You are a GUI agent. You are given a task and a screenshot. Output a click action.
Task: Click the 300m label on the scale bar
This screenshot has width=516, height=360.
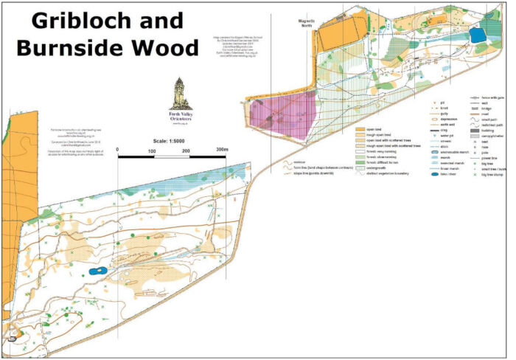click(221, 150)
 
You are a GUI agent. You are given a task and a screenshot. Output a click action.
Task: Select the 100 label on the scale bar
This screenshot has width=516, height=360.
click(152, 150)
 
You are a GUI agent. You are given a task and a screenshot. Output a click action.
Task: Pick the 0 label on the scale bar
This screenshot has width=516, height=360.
click(118, 150)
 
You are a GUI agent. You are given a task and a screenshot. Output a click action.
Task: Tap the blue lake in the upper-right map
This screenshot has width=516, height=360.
click(479, 34)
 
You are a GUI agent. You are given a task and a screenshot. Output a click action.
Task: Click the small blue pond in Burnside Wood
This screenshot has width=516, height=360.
click(97, 271)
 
